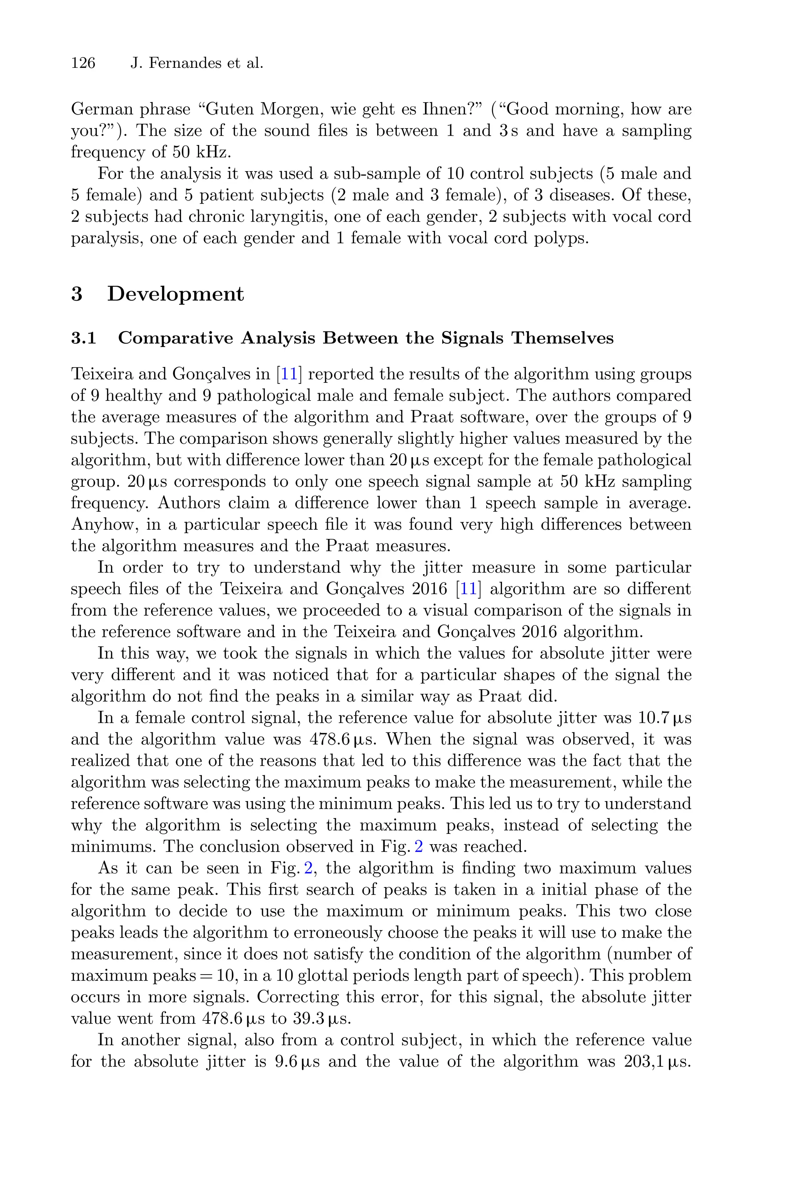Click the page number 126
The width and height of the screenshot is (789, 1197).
pyautogui.click(x=83, y=64)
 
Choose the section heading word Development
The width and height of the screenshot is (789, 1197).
pyautogui.click(x=176, y=294)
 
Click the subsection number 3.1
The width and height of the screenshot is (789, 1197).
pyautogui.click(x=84, y=338)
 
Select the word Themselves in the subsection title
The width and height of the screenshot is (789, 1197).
pyautogui.click(x=562, y=338)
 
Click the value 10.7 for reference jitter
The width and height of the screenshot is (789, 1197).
pyautogui.click(x=655, y=718)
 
